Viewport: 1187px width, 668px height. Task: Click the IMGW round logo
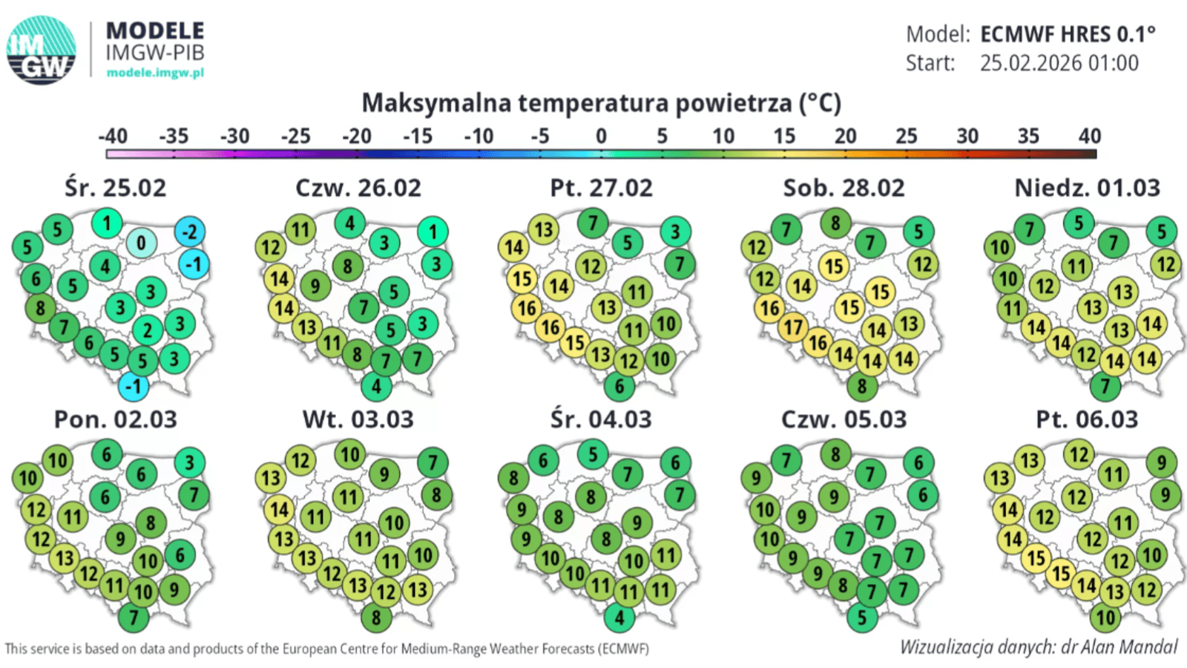42,50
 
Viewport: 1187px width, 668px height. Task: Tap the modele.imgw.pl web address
155,73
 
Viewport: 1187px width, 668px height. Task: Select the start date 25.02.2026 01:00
1059,63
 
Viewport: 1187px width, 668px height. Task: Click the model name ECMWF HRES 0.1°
1068,34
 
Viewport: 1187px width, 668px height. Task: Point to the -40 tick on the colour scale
113,137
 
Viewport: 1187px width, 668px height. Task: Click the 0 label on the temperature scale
601,137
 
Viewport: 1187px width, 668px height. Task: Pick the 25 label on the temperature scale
906,137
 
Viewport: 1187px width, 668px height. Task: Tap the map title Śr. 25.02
115,188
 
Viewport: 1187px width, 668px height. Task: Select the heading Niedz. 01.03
1087,188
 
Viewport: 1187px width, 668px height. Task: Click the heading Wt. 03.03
358,419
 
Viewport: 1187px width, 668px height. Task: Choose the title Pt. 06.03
1087,419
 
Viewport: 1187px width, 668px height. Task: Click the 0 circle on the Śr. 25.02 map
141,242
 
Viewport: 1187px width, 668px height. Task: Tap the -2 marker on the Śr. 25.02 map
190,232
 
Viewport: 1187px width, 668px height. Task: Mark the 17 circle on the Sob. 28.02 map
793,327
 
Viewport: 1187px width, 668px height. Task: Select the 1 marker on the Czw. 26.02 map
433,232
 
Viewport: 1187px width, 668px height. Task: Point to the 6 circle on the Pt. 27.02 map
619,386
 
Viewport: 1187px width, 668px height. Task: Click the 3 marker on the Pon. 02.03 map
190,462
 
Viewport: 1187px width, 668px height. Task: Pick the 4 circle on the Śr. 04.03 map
619,618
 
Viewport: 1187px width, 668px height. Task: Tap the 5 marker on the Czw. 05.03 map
861,618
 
